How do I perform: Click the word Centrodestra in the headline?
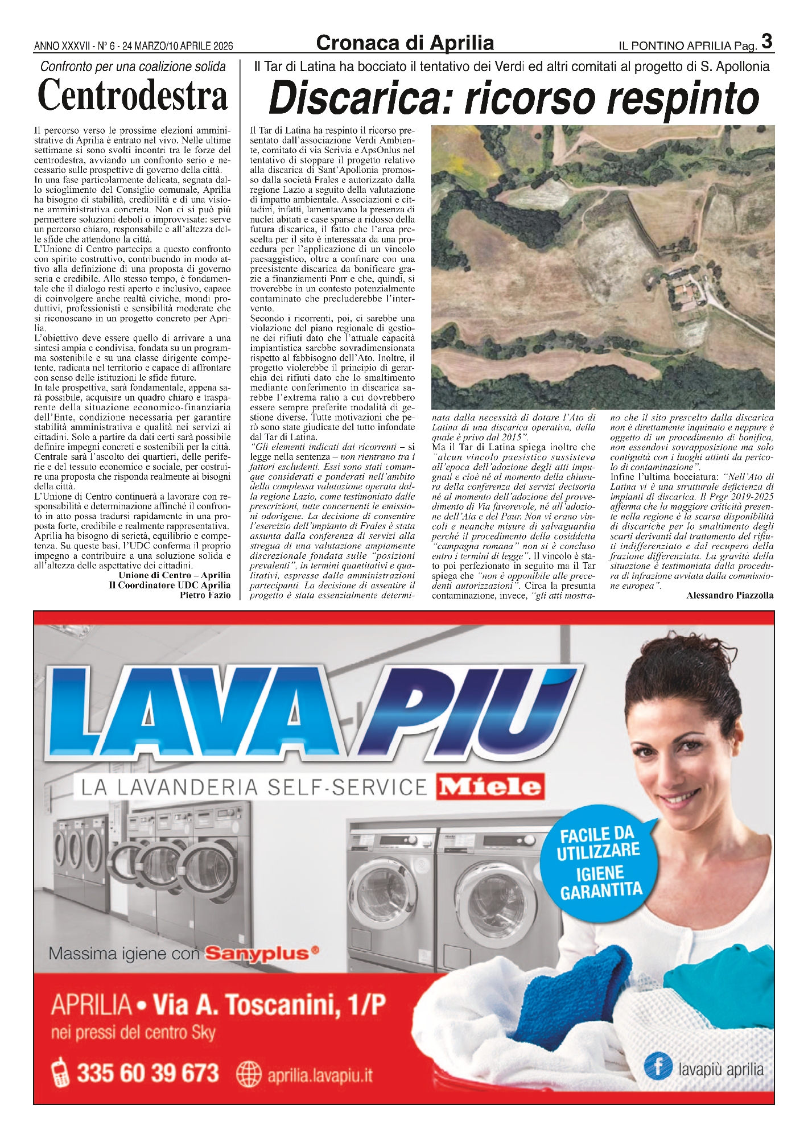[x=133, y=96]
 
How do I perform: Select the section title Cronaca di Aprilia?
[x=405, y=43]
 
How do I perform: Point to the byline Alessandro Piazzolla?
[x=729, y=595]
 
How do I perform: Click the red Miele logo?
[x=490, y=787]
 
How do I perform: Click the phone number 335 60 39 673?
[x=147, y=1073]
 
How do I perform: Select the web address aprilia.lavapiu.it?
[x=320, y=1075]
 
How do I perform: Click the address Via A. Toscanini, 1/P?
[x=269, y=1005]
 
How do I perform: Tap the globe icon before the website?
[x=248, y=1074]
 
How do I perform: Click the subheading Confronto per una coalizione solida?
[x=133, y=67]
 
